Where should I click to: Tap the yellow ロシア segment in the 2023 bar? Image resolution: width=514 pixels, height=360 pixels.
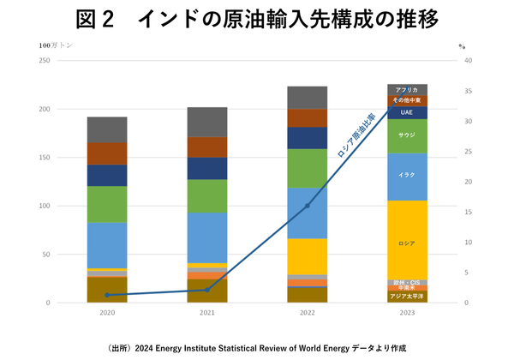(408, 243)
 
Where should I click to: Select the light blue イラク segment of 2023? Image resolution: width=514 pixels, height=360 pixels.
(408, 176)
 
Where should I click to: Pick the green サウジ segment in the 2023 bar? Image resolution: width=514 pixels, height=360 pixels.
(408, 135)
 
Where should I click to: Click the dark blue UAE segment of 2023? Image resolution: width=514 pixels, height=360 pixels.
(408, 112)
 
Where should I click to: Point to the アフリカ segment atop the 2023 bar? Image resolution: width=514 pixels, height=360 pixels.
(408, 89)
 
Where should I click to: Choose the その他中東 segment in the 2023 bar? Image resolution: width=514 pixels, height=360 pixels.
(408, 100)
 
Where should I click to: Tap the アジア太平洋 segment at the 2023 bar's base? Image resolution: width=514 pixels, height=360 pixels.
(408, 297)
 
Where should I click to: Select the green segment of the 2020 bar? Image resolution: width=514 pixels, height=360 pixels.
(107, 204)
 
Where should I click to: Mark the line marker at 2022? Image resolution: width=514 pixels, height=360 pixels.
(308, 206)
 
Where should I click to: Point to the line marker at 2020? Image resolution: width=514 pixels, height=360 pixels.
(107, 295)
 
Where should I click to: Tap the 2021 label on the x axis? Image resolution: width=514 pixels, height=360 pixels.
(207, 314)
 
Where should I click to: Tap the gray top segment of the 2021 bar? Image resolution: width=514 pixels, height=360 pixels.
(207, 122)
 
